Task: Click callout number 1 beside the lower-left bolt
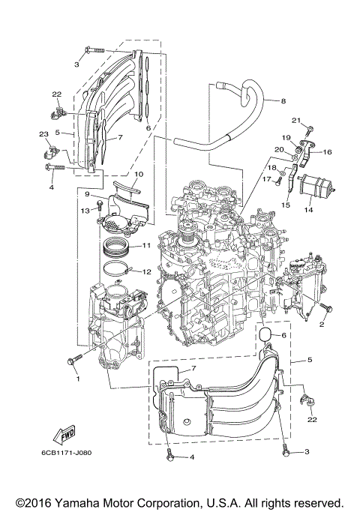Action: [76, 378]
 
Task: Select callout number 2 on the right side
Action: [322, 325]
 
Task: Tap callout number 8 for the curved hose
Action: [283, 100]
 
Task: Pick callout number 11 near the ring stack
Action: [147, 245]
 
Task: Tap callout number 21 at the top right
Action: [296, 121]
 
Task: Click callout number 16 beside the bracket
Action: [326, 152]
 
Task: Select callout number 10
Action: [138, 175]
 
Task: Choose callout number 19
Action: [286, 137]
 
